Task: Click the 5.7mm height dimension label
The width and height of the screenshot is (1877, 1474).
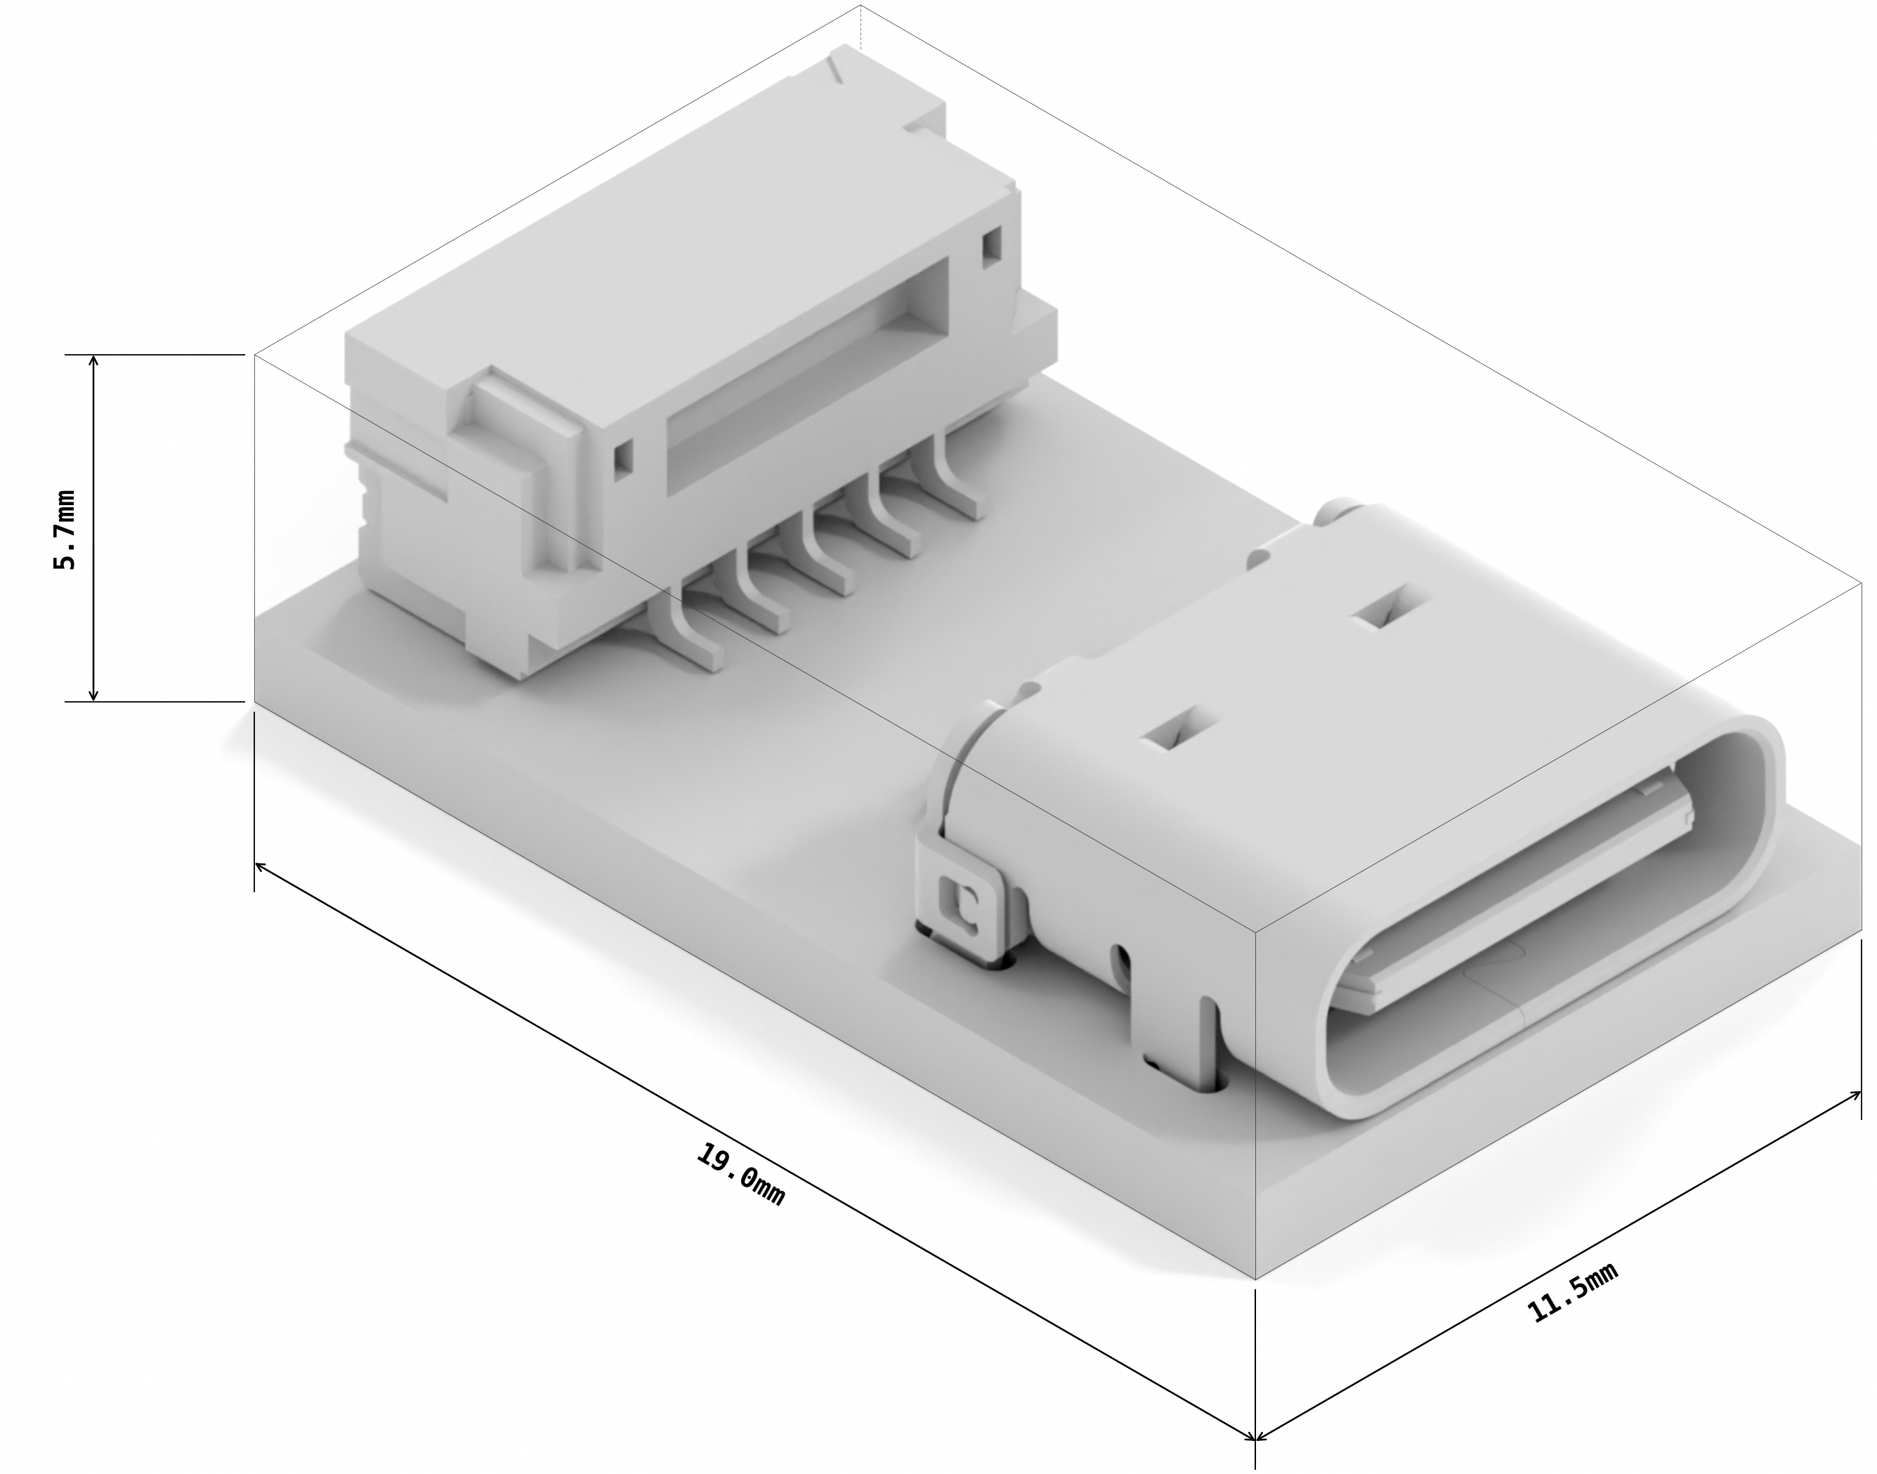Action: click(65, 528)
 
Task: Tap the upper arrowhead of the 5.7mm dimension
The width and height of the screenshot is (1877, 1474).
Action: click(94, 360)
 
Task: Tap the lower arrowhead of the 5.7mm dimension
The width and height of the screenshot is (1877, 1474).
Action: click(94, 696)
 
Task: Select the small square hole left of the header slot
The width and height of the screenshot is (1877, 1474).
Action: click(623, 459)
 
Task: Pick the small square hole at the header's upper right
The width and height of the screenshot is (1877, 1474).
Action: click(992, 245)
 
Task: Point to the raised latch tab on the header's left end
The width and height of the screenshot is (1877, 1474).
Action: click(518, 457)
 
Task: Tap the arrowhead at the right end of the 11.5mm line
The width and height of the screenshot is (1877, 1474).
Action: click(1857, 1095)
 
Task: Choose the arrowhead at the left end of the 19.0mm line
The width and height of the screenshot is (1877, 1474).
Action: click(259, 866)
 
